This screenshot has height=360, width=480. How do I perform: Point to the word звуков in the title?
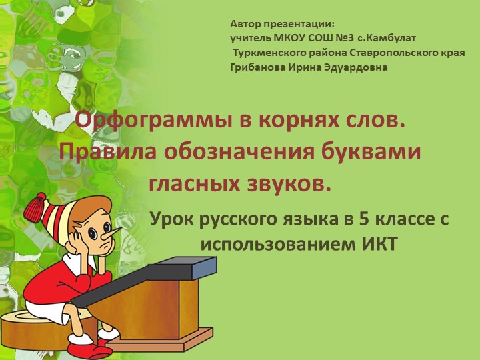point(293,181)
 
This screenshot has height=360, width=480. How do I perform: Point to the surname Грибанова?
point(257,67)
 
